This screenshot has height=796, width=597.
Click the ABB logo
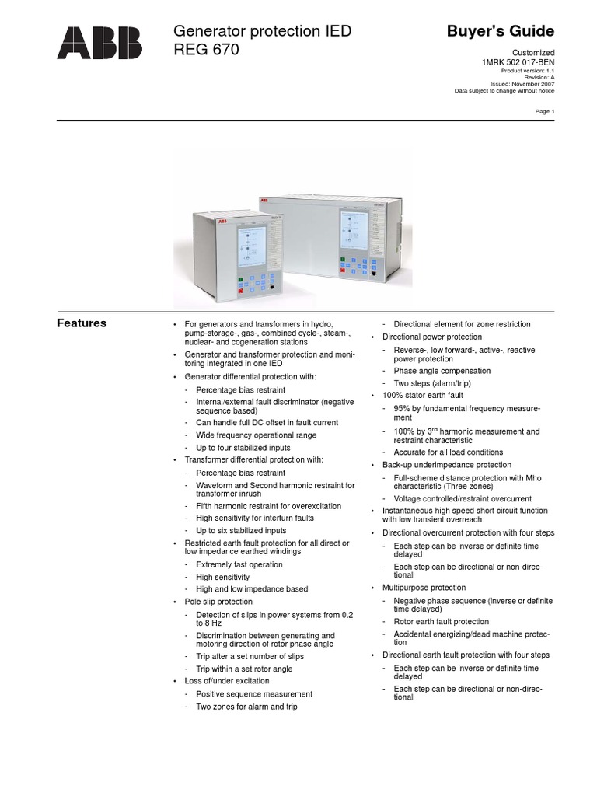click(x=99, y=42)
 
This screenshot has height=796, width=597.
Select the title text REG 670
click(x=205, y=50)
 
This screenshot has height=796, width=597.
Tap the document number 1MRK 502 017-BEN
click(x=518, y=61)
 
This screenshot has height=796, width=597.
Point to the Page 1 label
click(x=545, y=111)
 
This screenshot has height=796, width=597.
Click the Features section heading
click(x=82, y=323)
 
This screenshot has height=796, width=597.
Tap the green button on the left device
click(x=242, y=278)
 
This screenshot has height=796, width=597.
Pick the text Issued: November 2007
click(x=522, y=83)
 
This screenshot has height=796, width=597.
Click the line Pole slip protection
click(x=218, y=602)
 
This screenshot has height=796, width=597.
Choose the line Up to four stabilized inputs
click(x=243, y=448)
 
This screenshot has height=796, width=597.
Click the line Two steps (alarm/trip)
click(x=432, y=383)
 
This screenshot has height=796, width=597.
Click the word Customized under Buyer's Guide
click(x=535, y=52)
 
